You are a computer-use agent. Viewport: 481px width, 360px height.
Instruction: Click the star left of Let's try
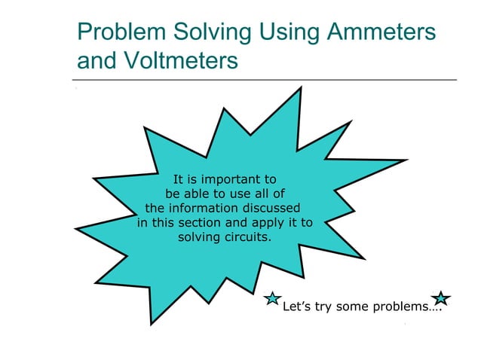pyautogui.click(x=274, y=301)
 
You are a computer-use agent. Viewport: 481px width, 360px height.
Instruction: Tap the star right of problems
pyautogui.click(x=442, y=299)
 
